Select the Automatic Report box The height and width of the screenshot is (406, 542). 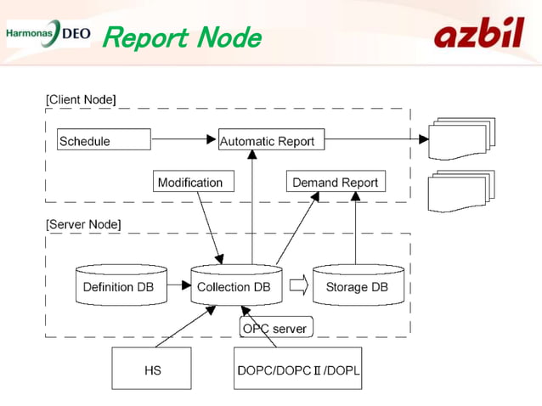pyautogui.click(x=267, y=141)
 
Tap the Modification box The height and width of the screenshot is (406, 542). pyautogui.click(x=194, y=182)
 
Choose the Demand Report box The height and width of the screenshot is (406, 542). pyautogui.click(x=335, y=182)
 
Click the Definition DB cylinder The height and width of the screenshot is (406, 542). pyautogui.click(x=119, y=286)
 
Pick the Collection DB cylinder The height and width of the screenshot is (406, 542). pyautogui.click(x=234, y=286)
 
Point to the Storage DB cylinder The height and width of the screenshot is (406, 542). pyautogui.click(x=357, y=286)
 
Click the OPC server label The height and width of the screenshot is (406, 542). pyautogui.click(x=274, y=328)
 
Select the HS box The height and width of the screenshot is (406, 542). pyautogui.click(x=152, y=369)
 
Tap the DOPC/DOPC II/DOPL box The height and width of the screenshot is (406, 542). pyautogui.click(x=297, y=369)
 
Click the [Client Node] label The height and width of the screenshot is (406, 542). pyautogui.click(x=81, y=99)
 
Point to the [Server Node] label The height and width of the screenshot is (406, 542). pyautogui.click(x=83, y=224)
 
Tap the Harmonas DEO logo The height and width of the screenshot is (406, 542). pyautogui.click(x=47, y=33)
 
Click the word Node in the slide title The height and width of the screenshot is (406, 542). pyautogui.click(x=228, y=37)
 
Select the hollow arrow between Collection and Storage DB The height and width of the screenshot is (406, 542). pyautogui.click(x=298, y=285)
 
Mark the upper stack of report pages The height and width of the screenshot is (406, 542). pyautogui.click(x=461, y=138)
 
